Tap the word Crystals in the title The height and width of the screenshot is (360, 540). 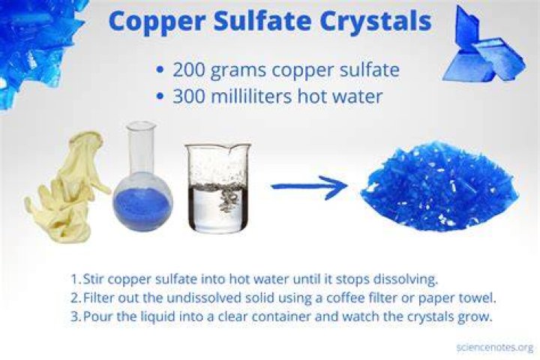tap(376, 21)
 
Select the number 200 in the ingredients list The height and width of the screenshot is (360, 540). tap(190, 70)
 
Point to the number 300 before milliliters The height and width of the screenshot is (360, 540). tap(190, 97)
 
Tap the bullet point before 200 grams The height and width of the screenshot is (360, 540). tap(160, 70)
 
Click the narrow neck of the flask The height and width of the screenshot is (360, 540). tap(141, 148)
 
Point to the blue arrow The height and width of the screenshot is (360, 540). tap(310, 186)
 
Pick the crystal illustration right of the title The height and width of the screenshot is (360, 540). tap(484, 47)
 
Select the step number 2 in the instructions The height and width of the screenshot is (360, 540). tap(76, 298)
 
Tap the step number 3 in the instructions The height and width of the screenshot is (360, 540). tap(76, 316)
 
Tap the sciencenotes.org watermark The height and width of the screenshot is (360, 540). tap(495, 347)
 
